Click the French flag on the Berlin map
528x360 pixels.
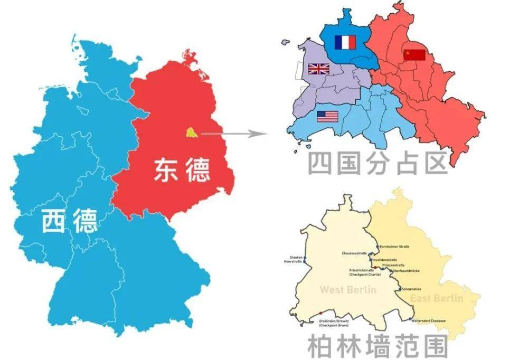(345, 42)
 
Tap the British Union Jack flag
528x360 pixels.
(318, 69)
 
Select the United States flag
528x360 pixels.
(327, 116)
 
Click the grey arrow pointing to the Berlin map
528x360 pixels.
(232, 134)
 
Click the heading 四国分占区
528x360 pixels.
(377, 163)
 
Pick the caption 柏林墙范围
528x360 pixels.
(377, 346)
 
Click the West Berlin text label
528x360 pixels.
(348, 290)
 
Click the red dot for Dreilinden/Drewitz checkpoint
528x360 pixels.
(320, 313)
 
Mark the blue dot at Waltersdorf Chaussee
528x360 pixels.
(411, 319)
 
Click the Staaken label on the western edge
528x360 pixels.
(292, 256)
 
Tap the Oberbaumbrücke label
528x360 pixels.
(407, 271)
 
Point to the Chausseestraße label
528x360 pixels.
(354, 253)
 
